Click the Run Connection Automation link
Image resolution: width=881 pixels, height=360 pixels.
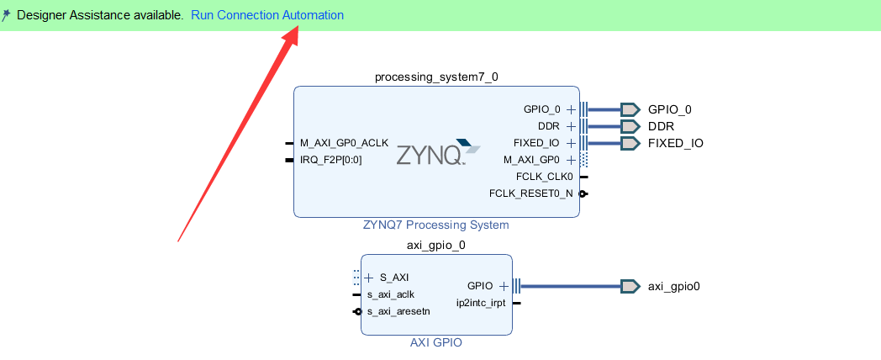pyautogui.click(x=266, y=15)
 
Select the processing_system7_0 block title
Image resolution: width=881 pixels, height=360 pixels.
pyautogui.click(x=436, y=77)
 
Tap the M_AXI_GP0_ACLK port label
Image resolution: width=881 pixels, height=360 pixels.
pyautogui.click(x=344, y=143)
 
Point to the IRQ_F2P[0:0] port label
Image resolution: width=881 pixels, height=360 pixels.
pyautogui.click(x=331, y=160)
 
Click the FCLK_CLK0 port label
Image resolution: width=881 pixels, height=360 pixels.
pyautogui.click(x=545, y=177)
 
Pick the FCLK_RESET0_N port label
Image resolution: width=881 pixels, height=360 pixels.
pyautogui.click(x=530, y=193)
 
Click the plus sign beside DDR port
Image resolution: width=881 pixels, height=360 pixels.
pyautogui.click(x=571, y=126)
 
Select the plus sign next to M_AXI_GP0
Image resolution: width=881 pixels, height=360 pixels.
pyautogui.click(x=571, y=160)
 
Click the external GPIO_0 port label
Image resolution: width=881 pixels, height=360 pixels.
pyautogui.click(x=669, y=109)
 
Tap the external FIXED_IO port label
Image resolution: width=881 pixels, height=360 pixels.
pyautogui.click(x=675, y=143)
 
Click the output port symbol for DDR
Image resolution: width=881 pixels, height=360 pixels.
pyautogui.click(x=630, y=126)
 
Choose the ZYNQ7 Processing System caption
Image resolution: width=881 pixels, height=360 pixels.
pyautogui.click(x=435, y=225)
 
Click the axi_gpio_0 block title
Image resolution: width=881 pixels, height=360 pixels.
pyautogui.click(x=436, y=246)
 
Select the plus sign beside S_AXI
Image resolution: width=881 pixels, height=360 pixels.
pyautogui.click(x=369, y=278)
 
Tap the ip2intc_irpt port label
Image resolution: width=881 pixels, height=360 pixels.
pyautogui.click(x=481, y=303)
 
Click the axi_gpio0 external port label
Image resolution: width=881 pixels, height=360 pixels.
pyautogui.click(x=673, y=286)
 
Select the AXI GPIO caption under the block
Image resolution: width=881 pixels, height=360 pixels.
pyautogui.click(x=436, y=342)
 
